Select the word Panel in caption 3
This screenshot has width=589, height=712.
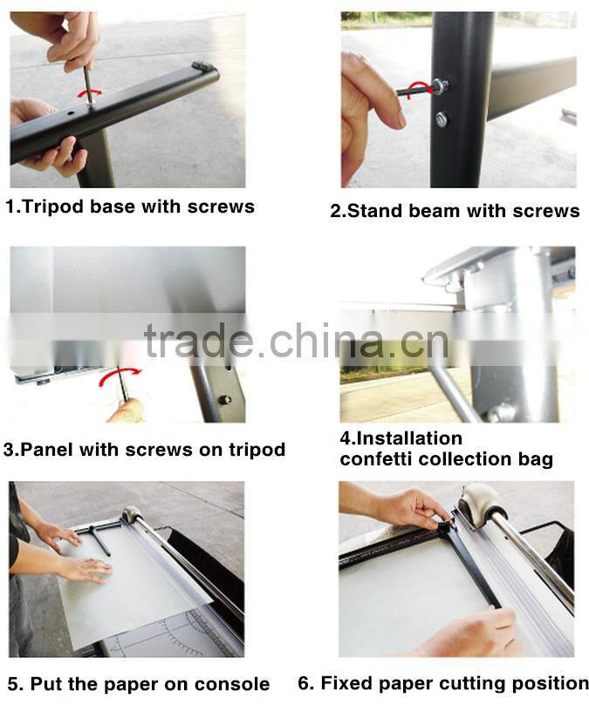coord(46,451)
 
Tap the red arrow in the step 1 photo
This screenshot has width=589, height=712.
coord(90,92)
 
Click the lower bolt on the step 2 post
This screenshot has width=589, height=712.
coord(442,119)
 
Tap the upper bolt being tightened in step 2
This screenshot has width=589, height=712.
coord(439,87)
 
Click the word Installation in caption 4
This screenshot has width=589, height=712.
coord(401,438)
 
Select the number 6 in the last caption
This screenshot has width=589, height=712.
coord(304,683)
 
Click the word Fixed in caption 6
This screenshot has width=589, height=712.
coord(346,683)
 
